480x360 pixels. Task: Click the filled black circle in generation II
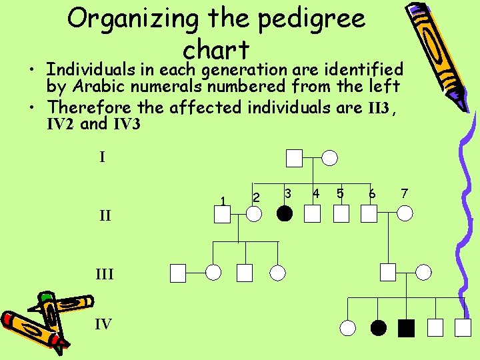[285, 213]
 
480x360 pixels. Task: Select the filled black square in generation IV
[406, 327]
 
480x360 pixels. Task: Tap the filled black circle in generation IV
[378, 327]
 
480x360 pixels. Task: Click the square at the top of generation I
[295, 158]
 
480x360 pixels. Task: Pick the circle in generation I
[330, 158]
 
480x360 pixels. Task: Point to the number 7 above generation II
[404, 193]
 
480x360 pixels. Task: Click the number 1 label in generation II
[223, 201]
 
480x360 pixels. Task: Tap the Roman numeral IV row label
[103, 325]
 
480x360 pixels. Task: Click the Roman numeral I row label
[102, 157]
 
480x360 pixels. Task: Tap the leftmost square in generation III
[177, 272]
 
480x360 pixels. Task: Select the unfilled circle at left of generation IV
[348, 327]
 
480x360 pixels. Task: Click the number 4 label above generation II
[316, 193]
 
